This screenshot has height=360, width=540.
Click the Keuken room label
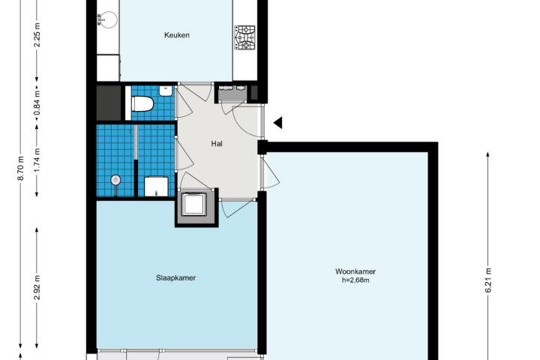coord(177,35)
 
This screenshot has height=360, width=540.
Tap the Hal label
coord(217,144)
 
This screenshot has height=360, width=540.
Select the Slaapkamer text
coord(175,277)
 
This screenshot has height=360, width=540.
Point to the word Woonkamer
coord(355,271)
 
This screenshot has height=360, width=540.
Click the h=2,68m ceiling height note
coord(355,280)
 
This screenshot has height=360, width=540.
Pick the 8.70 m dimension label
coord(21,168)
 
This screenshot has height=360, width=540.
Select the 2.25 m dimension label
coord(37,35)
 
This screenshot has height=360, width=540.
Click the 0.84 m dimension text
coord(37,102)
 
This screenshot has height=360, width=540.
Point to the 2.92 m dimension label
coord(37,287)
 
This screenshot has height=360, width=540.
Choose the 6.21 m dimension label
coord(488,280)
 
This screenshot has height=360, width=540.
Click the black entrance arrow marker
coord(278,123)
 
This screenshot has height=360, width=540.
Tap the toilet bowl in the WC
coord(142,103)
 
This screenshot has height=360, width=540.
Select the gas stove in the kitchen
coord(244,37)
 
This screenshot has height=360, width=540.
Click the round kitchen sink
coord(107,19)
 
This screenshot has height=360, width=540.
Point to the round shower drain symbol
coord(115,180)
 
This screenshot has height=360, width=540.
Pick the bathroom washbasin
coord(156,187)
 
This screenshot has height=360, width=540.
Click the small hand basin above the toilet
coord(166,91)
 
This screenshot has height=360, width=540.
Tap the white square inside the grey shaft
coord(194,204)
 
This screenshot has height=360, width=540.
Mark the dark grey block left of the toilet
coord(109,103)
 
